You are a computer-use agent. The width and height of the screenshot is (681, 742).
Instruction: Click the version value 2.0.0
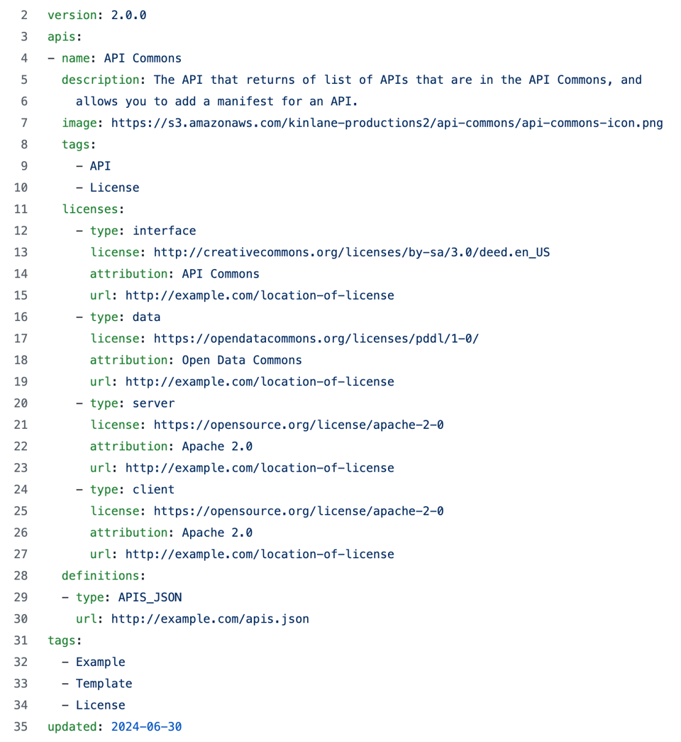pyautogui.click(x=128, y=15)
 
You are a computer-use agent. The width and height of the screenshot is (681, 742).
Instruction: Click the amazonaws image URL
pyautogui.click(x=387, y=123)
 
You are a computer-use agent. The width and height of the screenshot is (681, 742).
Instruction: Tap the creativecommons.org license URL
pyautogui.click(x=351, y=252)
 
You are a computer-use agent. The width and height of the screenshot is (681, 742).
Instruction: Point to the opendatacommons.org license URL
pyautogui.click(x=316, y=339)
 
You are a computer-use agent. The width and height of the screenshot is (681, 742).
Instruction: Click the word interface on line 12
pyautogui.click(x=164, y=231)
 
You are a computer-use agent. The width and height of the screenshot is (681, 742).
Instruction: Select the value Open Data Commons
pyautogui.click(x=241, y=360)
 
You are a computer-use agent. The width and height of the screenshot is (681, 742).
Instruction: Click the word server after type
pyautogui.click(x=153, y=403)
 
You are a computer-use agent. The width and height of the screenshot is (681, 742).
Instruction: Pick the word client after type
pyautogui.click(x=153, y=489)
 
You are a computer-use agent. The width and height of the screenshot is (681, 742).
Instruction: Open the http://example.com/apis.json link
pyautogui.click(x=210, y=618)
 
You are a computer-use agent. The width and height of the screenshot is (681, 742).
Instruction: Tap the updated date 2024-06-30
pyautogui.click(x=146, y=726)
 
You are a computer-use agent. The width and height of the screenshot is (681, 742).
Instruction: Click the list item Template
pyautogui.click(x=104, y=683)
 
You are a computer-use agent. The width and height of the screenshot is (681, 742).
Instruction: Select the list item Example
pyautogui.click(x=100, y=662)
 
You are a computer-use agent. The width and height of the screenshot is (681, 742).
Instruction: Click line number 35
pyautogui.click(x=20, y=726)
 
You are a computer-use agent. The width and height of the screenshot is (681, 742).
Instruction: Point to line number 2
pyautogui.click(x=23, y=15)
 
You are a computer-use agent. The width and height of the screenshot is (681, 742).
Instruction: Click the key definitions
pyautogui.click(x=102, y=575)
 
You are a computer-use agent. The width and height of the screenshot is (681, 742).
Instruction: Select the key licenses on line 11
pyautogui.click(x=92, y=209)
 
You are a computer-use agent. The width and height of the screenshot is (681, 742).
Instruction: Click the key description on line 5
pyautogui.click(x=100, y=80)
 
